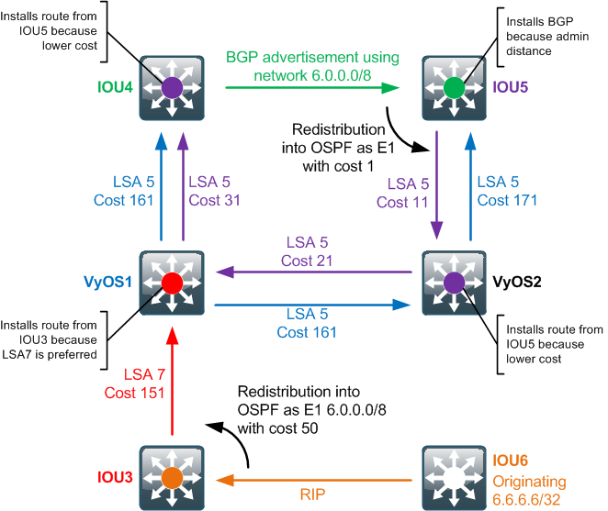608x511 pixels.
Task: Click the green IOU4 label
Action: click(x=115, y=87)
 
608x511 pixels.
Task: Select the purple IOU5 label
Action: click(x=510, y=87)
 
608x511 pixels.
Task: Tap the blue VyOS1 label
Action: click(x=107, y=282)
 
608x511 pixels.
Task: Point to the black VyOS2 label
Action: click(x=516, y=282)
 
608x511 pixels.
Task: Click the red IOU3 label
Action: click(x=115, y=477)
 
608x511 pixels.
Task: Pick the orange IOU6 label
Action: click(x=510, y=461)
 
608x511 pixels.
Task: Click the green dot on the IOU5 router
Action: click(x=454, y=87)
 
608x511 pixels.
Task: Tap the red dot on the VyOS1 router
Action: click(x=172, y=283)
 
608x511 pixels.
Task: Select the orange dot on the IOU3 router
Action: click(x=172, y=478)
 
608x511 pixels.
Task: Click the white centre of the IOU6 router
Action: click(x=454, y=478)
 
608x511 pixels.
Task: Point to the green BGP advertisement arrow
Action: click(x=312, y=87)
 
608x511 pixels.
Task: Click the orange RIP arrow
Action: click(x=314, y=481)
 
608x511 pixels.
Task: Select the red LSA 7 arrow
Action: click(x=172, y=381)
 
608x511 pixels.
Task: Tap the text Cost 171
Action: click(x=507, y=200)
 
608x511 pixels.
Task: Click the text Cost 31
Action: click(x=214, y=200)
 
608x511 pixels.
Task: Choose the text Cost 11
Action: click(x=402, y=202)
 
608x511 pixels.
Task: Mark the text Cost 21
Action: click(x=307, y=261)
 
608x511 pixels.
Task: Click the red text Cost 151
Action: click(x=134, y=393)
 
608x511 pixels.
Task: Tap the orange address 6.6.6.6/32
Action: click(x=526, y=500)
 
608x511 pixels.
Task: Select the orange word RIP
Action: click(x=312, y=494)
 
